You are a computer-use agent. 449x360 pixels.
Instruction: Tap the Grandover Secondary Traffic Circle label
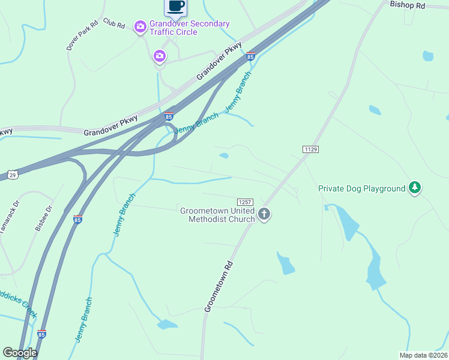pyautogui.click(x=190, y=28)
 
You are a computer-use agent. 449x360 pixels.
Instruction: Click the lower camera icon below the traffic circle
pyautogui.click(x=159, y=56)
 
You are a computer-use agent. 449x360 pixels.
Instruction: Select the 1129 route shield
pyautogui.click(x=310, y=149)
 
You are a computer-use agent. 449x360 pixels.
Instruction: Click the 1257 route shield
pyautogui.click(x=245, y=202)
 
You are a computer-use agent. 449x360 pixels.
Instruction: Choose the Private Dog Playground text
pyautogui.click(x=362, y=188)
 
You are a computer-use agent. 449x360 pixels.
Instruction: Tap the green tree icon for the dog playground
pyautogui.click(x=414, y=188)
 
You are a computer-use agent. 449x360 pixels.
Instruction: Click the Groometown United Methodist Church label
pyautogui.click(x=218, y=215)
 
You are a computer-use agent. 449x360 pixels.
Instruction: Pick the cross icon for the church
pyautogui.click(x=264, y=214)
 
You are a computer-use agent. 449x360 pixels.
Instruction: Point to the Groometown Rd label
pyautogui.click(x=218, y=285)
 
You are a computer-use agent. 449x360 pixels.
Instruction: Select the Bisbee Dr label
pyautogui.click(x=44, y=218)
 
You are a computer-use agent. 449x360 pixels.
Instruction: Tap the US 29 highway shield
pyautogui.click(x=13, y=175)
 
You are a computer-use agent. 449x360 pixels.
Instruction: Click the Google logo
pyautogui.click(x=20, y=353)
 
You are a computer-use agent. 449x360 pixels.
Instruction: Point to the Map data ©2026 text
pyautogui.click(x=423, y=355)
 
